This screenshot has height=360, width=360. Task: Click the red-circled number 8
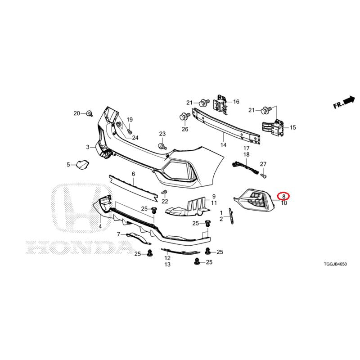284,197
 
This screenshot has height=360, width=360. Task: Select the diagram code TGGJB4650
335,264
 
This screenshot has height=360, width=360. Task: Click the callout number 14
223,145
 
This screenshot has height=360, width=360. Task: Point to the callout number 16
236,102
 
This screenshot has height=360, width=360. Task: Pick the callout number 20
76,113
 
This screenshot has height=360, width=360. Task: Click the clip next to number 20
89,113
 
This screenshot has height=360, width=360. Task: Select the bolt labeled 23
162,146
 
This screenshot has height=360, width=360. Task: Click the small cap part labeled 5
82,165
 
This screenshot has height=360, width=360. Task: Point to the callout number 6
133,174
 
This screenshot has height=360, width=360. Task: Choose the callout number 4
100,226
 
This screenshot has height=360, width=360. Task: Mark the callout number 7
118,234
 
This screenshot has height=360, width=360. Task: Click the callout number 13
167,265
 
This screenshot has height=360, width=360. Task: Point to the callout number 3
88,147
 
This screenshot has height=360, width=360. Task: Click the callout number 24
135,138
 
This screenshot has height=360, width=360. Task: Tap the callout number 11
214,203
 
